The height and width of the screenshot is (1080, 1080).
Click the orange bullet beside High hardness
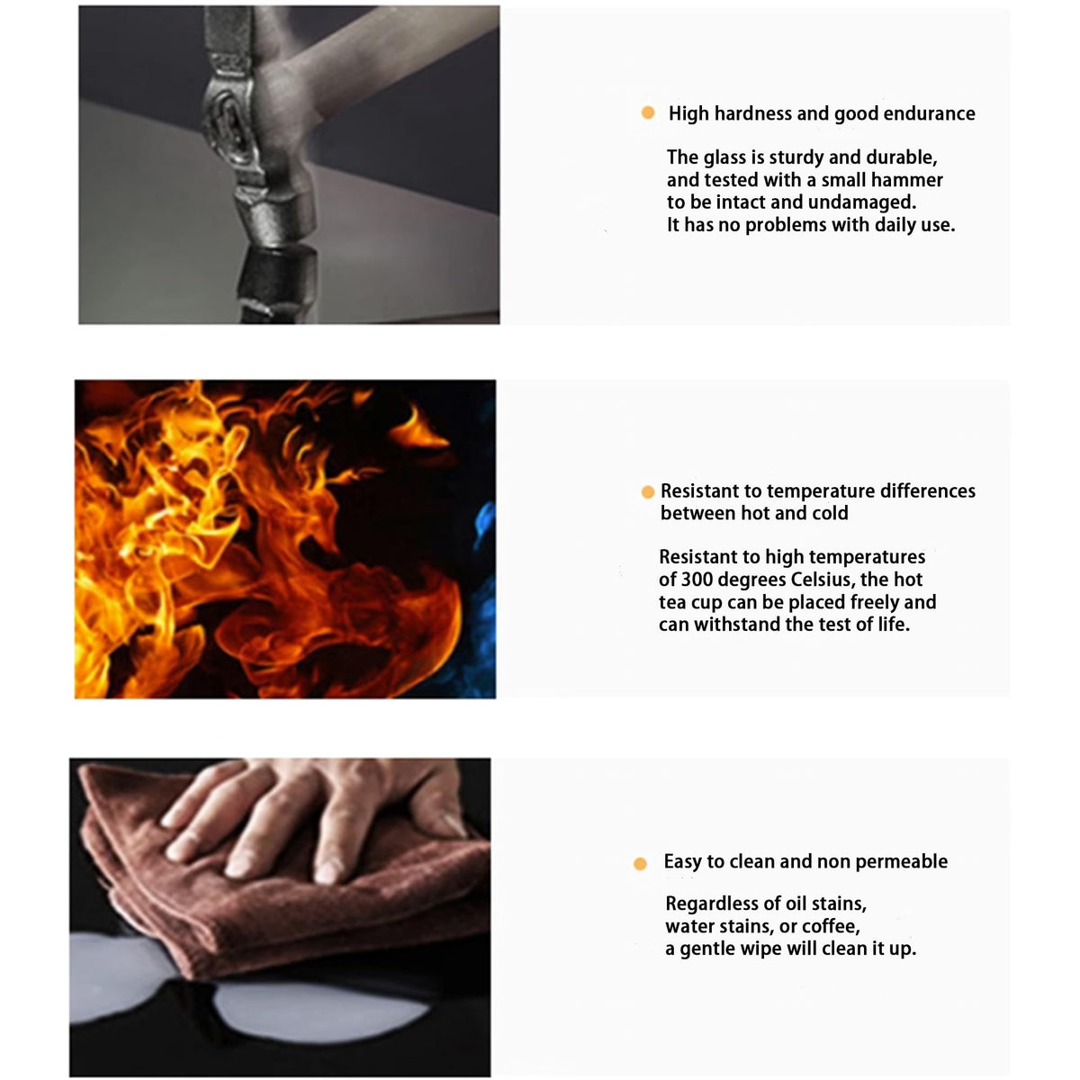coord(647,112)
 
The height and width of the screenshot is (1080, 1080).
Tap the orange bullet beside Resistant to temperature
coord(647,492)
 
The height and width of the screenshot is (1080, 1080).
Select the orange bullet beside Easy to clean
coord(640,864)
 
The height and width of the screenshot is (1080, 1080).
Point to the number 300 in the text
coord(696,579)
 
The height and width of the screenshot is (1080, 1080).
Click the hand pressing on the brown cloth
coord(314,813)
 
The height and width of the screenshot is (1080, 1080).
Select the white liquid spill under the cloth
coord(319,1009)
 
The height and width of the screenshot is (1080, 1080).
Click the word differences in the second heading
coord(928,491)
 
